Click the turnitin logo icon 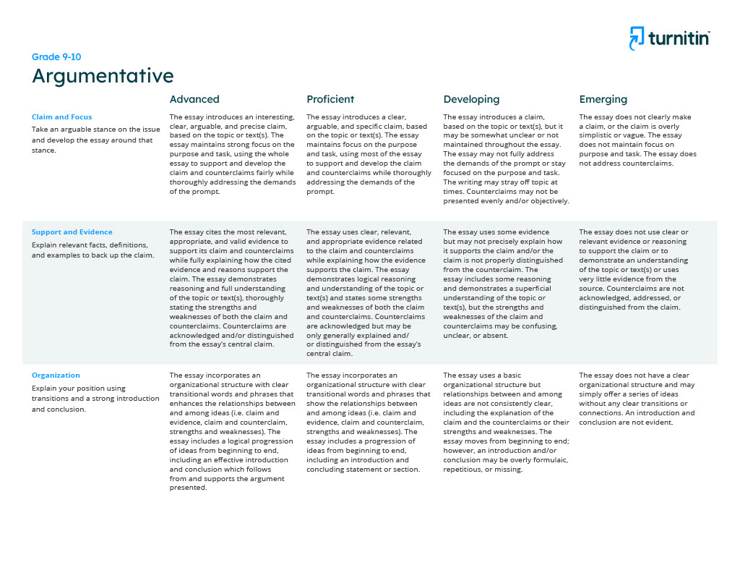637,38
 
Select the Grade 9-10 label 51,56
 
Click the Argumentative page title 103,76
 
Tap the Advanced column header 194,99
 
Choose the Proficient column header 330,99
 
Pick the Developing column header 471,99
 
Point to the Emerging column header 603,99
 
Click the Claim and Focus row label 61,116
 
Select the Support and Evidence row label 72,232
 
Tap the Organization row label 56,375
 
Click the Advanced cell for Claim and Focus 232,154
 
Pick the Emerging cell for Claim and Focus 638,140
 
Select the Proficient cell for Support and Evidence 367,293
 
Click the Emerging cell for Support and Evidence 634,270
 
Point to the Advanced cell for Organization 232,431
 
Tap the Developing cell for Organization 506,423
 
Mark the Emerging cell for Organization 637,399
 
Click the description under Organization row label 95,399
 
